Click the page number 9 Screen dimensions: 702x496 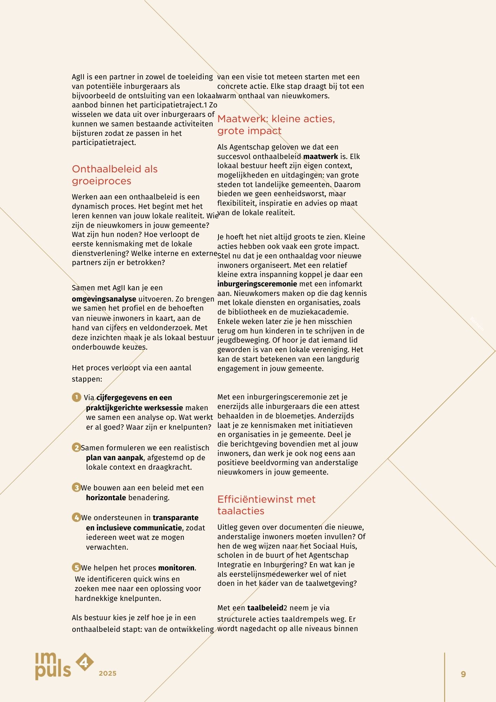pyautogui.click(x=463, y=674)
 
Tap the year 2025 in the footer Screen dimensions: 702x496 pyautogui.click(x=107, y=673)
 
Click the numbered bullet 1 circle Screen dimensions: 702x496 pyautogui.click(x=76, y=397)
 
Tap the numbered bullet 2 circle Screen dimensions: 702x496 pyautogui.click(x=76, y=448)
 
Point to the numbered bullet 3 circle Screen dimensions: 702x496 pyautogui.click(x=76, y=488)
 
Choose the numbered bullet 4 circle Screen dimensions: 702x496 pyautogui.click(x=76, y=517)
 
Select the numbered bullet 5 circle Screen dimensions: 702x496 pyautogui.click(x=76, y=568)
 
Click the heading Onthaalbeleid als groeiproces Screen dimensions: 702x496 pyautogui.click(x=115, y=175)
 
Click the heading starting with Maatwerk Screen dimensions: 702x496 pyautogui.click(x=276, y=125)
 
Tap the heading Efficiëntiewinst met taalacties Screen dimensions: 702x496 pyautogui.click(x=266, y=505)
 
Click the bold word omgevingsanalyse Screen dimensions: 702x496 pyautogui.click(x=104, y=299)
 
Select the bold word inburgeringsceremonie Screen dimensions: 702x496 pyautogui.click(x=257, y=284)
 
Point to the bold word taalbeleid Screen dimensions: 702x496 pyautogui.click(x=265, y=608)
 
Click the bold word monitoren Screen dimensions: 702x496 pyautogui.click(x=176, y=568)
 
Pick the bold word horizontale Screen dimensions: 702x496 pyautogui.click(x=106, y=498)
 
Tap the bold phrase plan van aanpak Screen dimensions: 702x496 pyautogui.click(x=114, y=458)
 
